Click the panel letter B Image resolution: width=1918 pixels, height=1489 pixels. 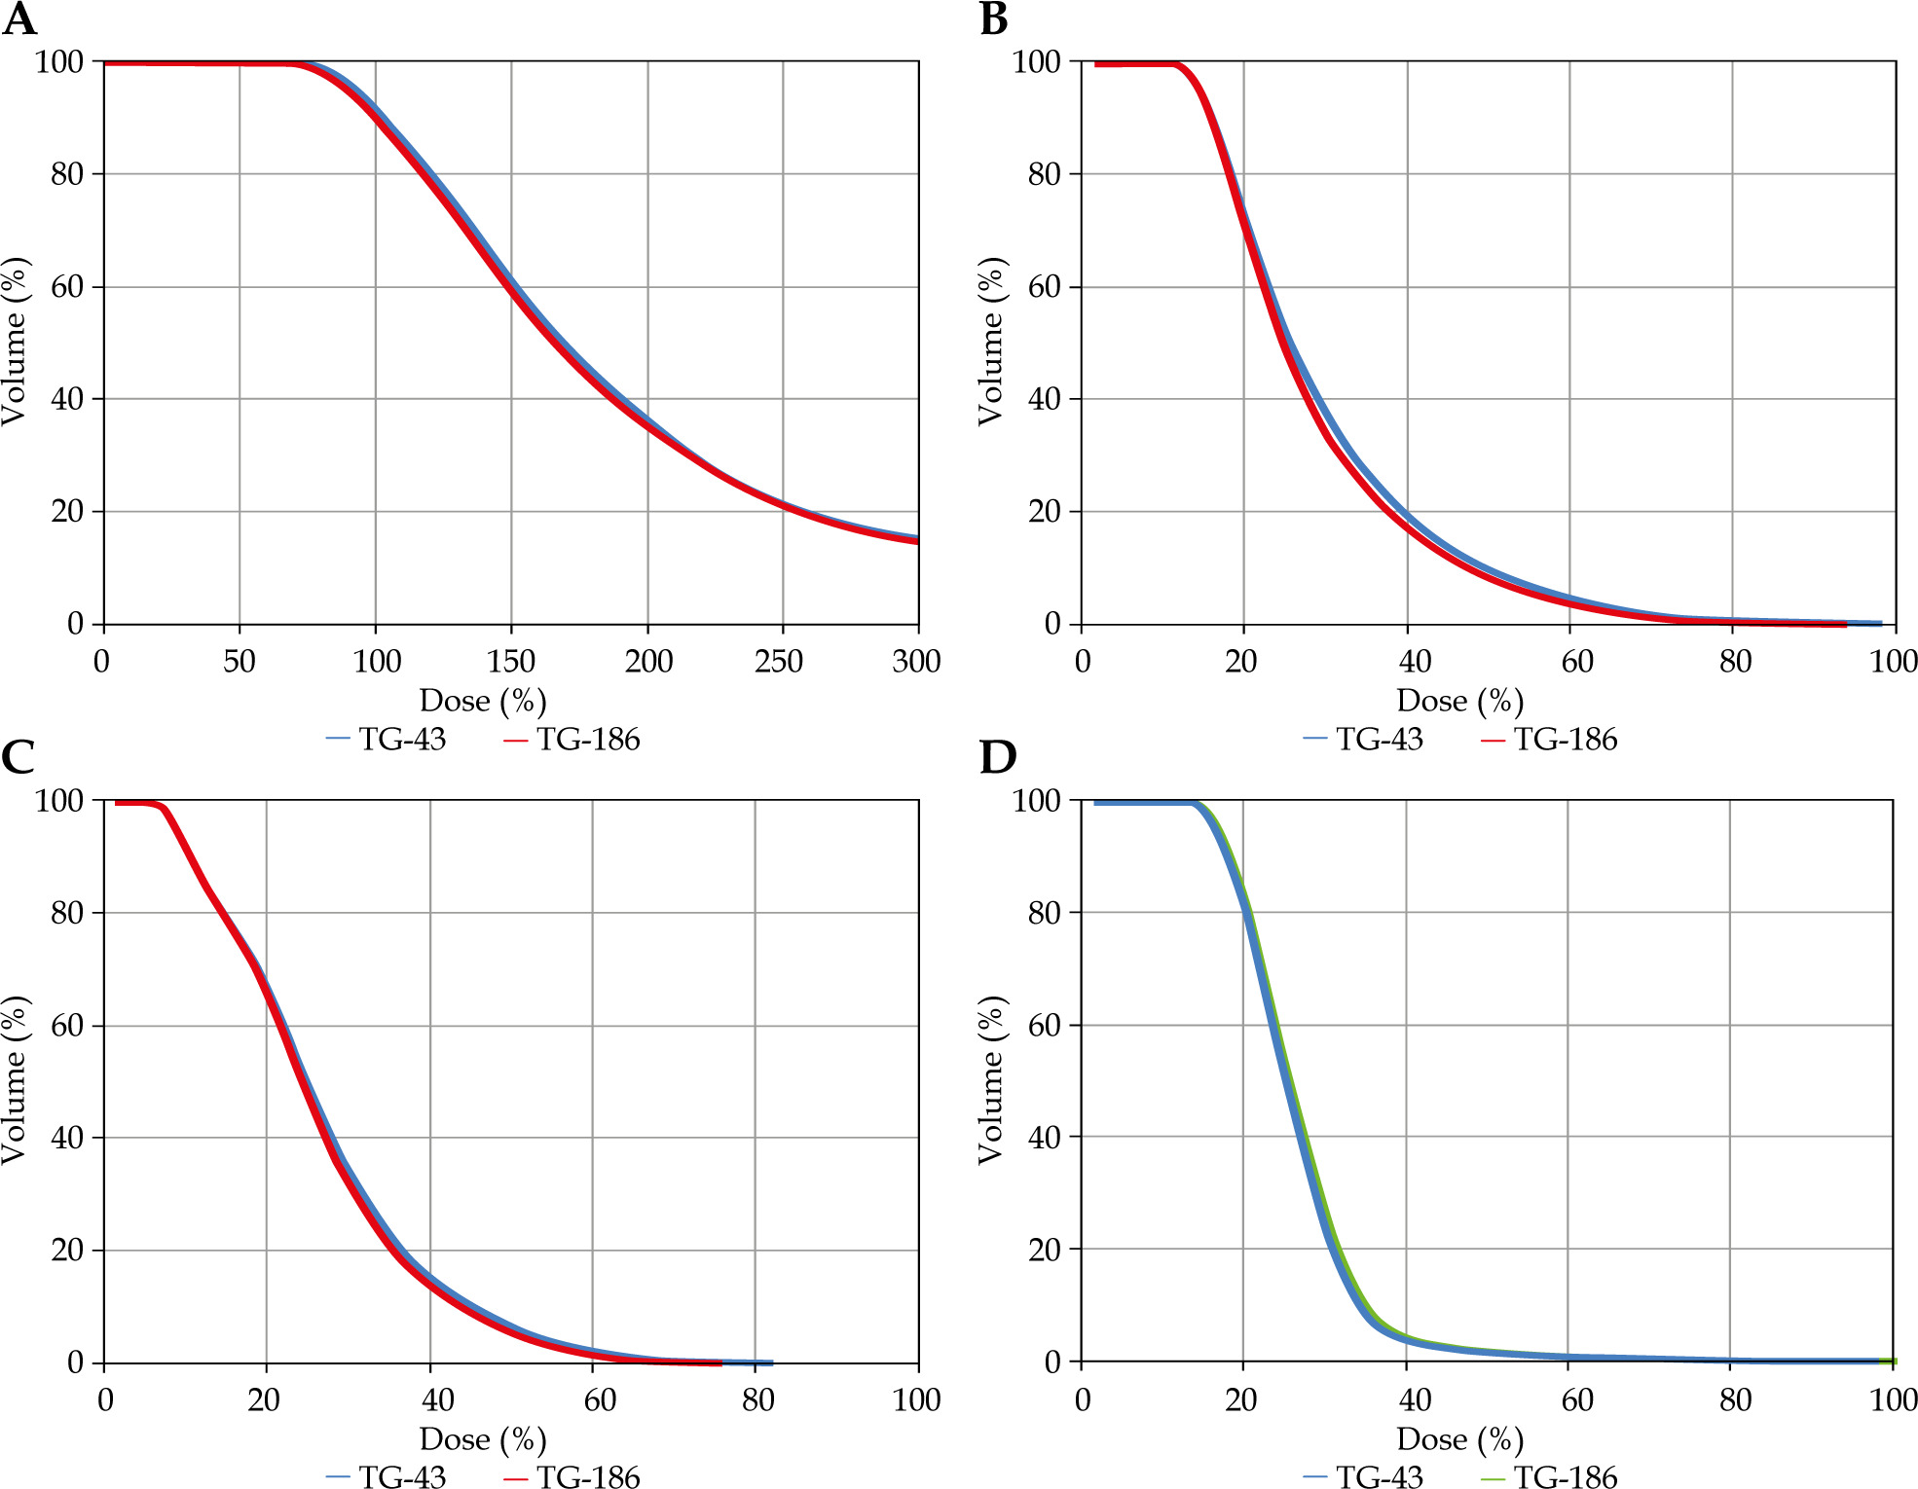click(993, 18)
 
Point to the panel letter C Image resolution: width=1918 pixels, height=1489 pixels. click(18, 756)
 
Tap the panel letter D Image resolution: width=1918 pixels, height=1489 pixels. click(997, 756)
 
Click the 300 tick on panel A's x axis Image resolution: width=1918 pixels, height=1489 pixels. click(916, 662)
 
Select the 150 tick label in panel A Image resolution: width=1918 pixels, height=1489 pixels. click(510, 662)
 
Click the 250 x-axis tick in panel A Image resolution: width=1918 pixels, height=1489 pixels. click(779, 662)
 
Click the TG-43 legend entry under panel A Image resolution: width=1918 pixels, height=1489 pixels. click(387, 740)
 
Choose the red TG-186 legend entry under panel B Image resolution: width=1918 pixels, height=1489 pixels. click(1548, 740)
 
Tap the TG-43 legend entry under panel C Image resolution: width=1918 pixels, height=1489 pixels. click(387, 1477)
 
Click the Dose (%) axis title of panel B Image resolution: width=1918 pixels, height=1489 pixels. click(1459, 701)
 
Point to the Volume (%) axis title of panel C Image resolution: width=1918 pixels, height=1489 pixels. click(14, 1080)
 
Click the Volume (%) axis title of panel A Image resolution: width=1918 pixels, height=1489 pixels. click(14, 342)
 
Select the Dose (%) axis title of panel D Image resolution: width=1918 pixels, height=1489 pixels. click(1459, 1439)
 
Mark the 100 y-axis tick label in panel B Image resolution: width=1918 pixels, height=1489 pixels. click(1036, 62)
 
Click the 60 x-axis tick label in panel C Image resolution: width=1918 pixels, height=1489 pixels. click(600, 1400)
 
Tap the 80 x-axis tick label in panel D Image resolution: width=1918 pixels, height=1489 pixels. click(1735, 1400)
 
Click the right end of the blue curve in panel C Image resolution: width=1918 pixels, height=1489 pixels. click(771, 1362)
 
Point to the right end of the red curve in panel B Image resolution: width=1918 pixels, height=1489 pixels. click(1845, 624)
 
